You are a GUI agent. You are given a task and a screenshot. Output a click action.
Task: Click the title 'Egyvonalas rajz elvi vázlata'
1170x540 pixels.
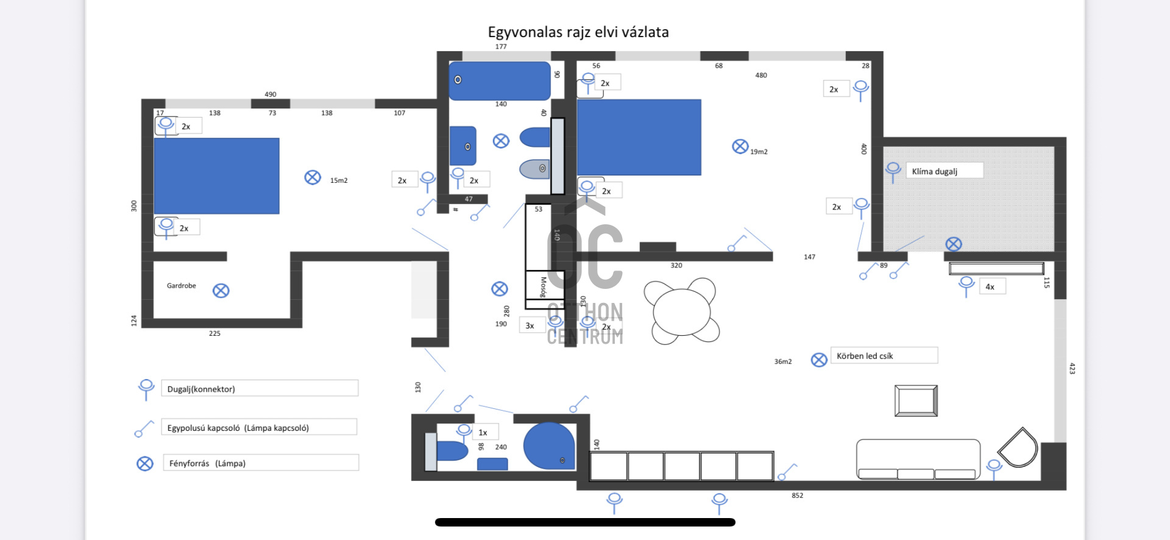point(578,32)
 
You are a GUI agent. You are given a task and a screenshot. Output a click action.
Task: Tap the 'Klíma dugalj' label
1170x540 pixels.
point(935,171)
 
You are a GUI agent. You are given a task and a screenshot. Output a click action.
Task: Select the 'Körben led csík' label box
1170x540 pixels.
point(884,356)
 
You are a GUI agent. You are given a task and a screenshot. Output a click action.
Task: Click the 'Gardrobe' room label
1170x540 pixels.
point(182,286)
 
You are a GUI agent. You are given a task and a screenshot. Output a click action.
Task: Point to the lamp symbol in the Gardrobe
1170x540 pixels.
point(221,291)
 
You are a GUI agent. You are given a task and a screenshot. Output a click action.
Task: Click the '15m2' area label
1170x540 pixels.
point(339,180)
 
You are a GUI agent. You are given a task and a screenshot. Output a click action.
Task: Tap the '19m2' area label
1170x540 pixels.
point(759,152)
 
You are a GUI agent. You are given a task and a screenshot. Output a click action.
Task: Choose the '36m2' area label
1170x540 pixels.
point(783,361)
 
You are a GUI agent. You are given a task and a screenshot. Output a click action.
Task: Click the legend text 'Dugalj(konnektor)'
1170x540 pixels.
point(201,389)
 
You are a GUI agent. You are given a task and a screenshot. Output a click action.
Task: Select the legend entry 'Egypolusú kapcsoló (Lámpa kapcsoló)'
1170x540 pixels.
point(238,428)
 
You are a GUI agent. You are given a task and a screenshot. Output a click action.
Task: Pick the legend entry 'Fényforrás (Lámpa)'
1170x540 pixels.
point(207,463)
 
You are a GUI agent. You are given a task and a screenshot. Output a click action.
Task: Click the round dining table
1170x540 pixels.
point(681,311)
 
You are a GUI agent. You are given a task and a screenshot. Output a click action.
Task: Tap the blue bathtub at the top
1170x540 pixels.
point(500,80)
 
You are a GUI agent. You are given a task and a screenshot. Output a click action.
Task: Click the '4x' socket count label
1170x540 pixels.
point(990,286)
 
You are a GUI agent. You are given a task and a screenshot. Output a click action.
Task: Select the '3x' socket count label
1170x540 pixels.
point(530,326)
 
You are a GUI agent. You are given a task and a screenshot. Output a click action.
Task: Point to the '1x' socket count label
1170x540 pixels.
point(483,433)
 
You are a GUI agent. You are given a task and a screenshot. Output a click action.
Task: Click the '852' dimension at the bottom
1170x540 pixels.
point(797,496)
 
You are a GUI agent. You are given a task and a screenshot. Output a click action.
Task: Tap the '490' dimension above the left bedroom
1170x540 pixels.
point(271,94)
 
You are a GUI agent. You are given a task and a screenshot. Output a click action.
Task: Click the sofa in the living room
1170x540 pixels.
point(918,458)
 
